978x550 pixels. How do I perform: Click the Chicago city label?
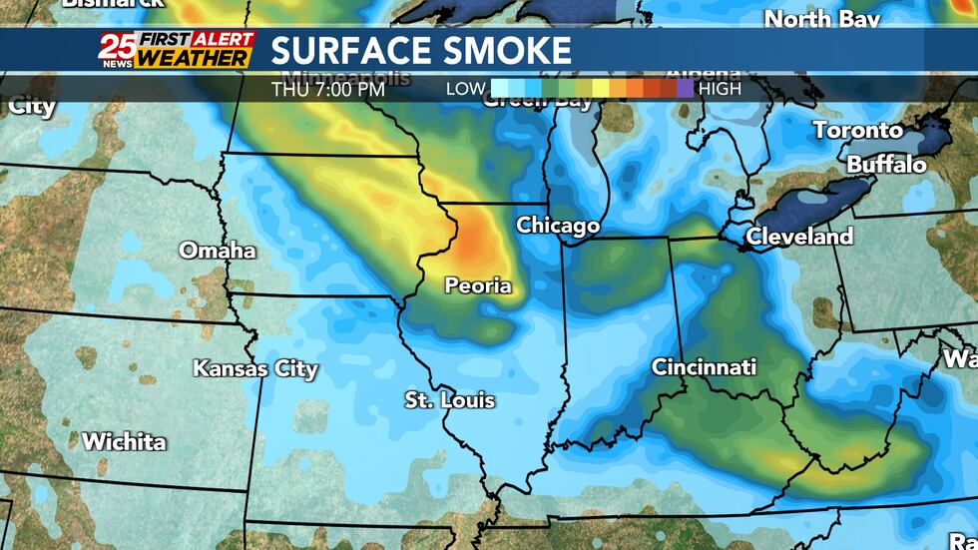[558, 227]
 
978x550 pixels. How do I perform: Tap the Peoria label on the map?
[478, 286]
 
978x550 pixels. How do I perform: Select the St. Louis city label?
[449, 401]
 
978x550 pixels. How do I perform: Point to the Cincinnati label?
[704, 367]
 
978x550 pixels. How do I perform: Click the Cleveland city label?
[799, 237]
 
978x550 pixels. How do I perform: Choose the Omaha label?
[218, 251]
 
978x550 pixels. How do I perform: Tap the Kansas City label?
[255, 369]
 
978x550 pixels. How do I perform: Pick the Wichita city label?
[124, 441]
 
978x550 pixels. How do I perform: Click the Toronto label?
[857, 130]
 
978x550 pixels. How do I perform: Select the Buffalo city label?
[886, 164]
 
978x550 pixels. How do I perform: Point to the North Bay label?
[822, 19]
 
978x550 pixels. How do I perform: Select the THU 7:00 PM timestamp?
[327, 89]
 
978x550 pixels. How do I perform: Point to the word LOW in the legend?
[465, 89]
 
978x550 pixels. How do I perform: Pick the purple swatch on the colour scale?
[685, 89]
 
